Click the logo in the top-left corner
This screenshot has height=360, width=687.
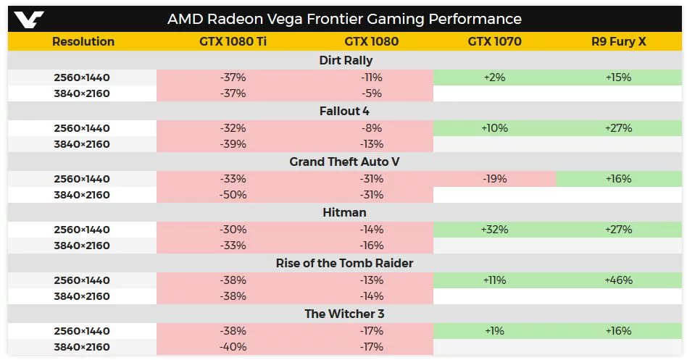click(x=29, y=19)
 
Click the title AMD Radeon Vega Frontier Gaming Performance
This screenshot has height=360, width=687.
click(x=344, y=19)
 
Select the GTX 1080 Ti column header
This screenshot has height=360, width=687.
click(x=233, y=42)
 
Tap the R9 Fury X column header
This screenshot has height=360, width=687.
click(x=618, y=42)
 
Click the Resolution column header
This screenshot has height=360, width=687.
click(x=83, y=42)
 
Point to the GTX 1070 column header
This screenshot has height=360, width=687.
click(x=494, y=42)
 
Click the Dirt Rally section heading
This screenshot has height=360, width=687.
click(x=346, y=61)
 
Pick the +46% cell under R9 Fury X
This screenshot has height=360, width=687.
click(x=618, y=280)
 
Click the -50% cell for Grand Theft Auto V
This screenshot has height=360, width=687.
click(x=233, y=195)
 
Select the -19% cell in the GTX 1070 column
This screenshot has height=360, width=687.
click(x=494, y=179)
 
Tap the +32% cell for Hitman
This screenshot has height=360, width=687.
click(x=494, y=230)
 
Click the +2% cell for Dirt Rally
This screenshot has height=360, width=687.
click(x=494, y=78)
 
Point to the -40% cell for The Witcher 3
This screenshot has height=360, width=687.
click(x=233, y=347)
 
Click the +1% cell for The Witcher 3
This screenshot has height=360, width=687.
click(x=494, y=331)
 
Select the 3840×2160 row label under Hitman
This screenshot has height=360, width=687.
click(x=82, y=246)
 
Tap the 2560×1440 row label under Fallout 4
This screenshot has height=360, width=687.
click(x=82, y=128)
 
